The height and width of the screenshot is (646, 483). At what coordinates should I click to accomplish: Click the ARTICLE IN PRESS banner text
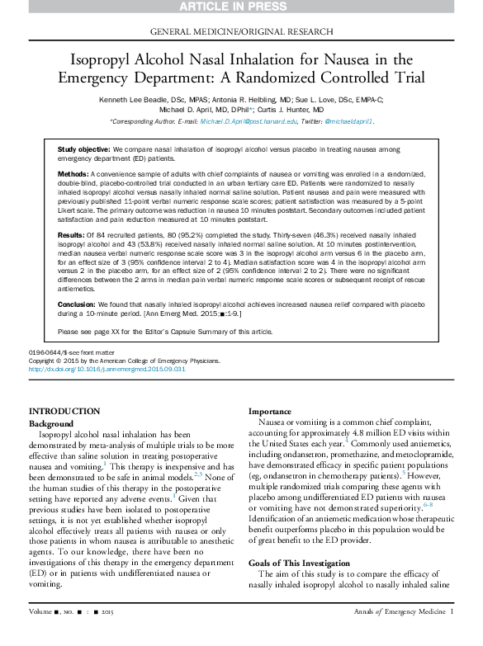241,7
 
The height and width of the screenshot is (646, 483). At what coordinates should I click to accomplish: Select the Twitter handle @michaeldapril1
349,121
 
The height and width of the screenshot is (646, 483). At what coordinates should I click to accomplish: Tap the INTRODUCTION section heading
64,411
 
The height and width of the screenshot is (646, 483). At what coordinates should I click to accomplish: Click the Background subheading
52,422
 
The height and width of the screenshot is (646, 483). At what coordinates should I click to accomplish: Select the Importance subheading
272,411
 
